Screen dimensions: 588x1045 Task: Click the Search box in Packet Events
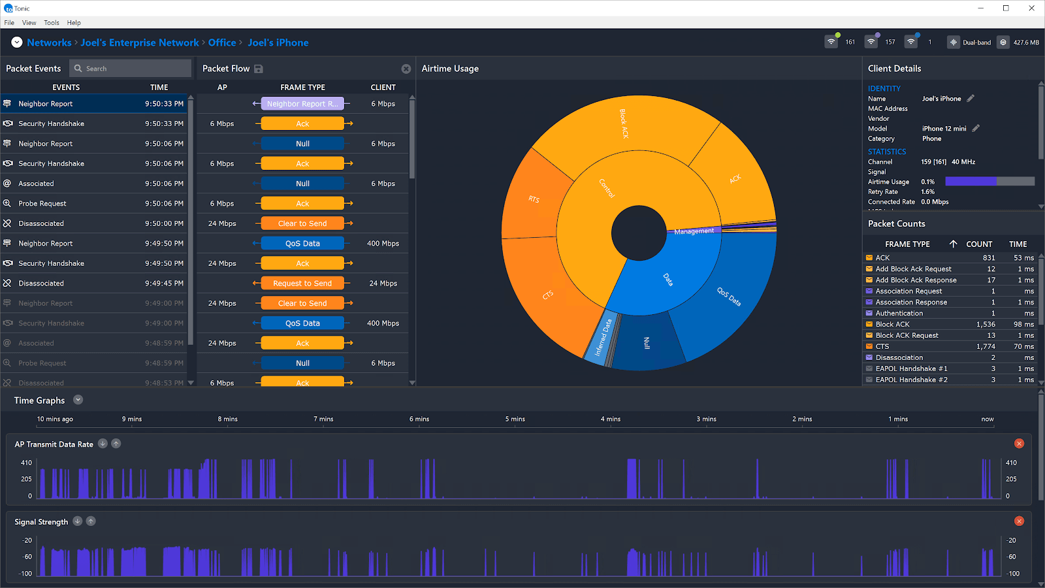click(131, 69)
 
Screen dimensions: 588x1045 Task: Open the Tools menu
click(52, 23)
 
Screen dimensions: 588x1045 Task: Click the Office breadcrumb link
click(222, 42)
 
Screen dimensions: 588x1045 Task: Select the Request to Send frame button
click(302, 284)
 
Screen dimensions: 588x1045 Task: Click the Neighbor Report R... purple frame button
click(302, 104)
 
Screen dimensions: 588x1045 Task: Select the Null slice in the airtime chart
click(647, 342)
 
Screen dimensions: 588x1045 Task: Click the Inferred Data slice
click(603, 336)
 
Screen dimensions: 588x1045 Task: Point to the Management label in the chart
click(694, 231)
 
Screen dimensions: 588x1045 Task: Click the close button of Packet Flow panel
click(406, 69)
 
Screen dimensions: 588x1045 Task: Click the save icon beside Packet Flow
click(259, 69)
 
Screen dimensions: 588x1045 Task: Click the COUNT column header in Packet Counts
click(978, 244)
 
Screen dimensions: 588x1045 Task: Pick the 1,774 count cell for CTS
click(986, 347)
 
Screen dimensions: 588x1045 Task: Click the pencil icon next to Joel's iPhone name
click(971, 99)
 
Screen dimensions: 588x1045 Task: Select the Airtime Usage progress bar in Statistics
click(989, 182)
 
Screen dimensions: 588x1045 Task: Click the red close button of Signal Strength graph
click(1019, 521)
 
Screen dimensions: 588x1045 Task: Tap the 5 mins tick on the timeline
click(515, 419)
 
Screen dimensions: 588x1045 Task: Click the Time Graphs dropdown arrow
click(78, 400)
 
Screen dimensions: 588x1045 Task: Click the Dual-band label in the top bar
click(976, 42)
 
